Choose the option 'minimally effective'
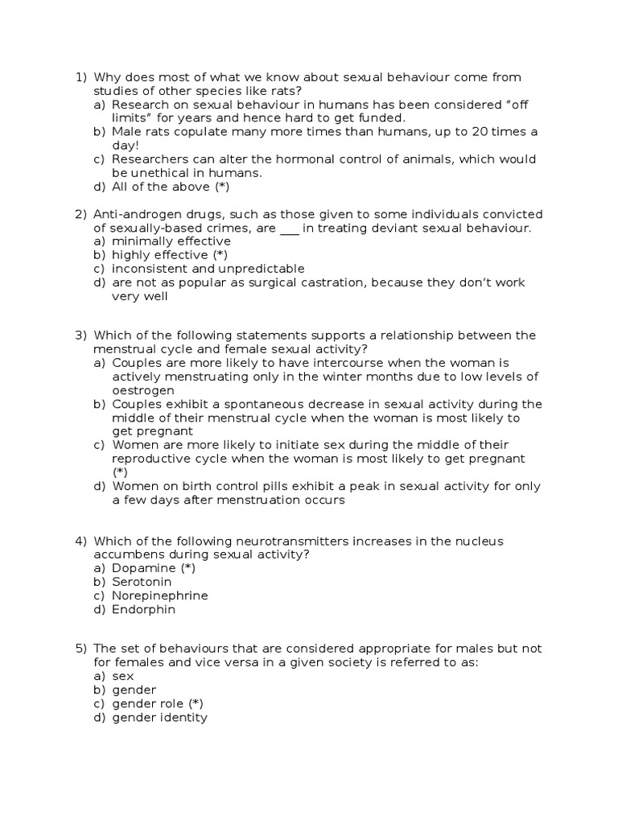pos(171,241)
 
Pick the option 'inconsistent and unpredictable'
pos(208,269)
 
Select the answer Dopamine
pos(143,568)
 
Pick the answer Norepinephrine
pos(159,595)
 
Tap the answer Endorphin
pos(143,609)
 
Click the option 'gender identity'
pos(159,718)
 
